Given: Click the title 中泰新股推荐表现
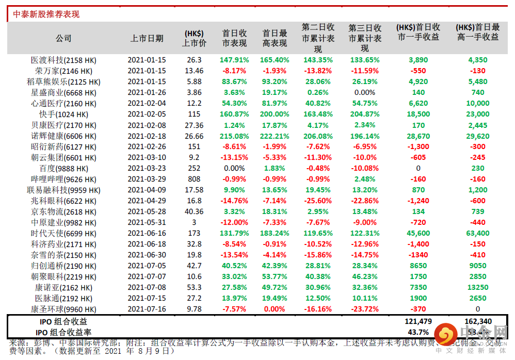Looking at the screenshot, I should (46, 14).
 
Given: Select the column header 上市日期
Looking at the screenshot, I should (147, 38).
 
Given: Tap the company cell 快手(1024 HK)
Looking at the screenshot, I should (63, 114).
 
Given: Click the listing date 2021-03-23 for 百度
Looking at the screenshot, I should (147, 169).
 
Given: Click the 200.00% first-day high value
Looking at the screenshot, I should (275, 114).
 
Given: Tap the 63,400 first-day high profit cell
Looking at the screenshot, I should (478, 234).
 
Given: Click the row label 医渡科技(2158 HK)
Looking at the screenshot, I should (63, 60).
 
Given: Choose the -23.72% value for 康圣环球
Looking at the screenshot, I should (365, 309).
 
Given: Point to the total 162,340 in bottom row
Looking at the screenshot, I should (478, 321).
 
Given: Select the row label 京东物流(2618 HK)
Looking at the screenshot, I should (63, 212).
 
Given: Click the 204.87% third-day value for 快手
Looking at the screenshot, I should (365, 114).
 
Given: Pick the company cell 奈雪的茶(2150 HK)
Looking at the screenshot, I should (63, 255).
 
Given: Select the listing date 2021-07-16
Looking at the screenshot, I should (147, 309).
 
